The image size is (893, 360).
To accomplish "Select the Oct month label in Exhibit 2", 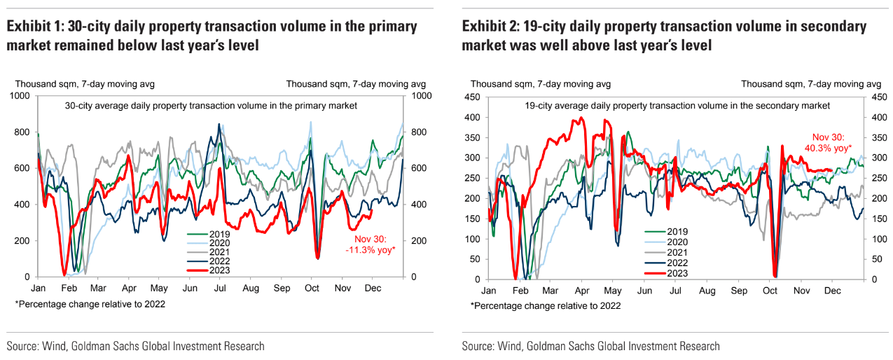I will pos(770,290).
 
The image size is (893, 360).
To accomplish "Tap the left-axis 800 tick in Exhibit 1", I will pos(23,132).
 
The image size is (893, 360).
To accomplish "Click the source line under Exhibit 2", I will pos(590,346).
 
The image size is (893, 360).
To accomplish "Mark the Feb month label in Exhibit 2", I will pos(520,290).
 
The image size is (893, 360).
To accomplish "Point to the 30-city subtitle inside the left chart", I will pos(211,106).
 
